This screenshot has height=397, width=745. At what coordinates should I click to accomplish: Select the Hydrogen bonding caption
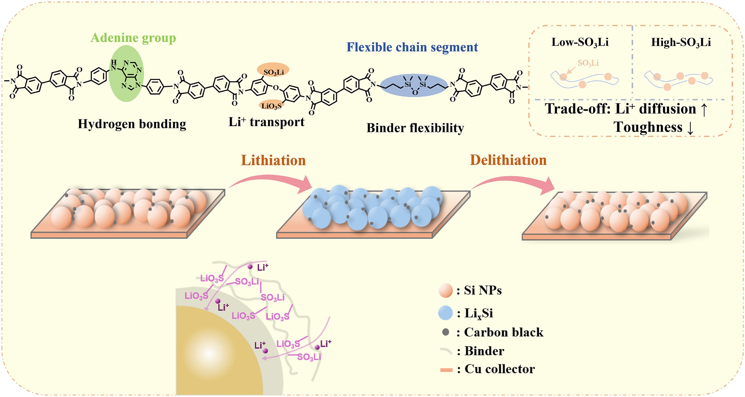click(132, 124)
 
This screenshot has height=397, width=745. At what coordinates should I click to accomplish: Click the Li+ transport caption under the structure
click(266, 122)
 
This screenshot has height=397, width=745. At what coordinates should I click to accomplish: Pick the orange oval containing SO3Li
click(273, 70)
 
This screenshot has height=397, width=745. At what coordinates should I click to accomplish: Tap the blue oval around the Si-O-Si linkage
click(414, 85)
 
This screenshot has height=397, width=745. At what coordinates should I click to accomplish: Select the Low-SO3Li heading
click(580, 42)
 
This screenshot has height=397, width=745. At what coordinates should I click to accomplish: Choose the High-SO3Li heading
click(681, 42)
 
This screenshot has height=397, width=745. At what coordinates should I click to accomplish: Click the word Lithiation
click(273, 160)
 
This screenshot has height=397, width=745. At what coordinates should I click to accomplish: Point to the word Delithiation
click(508, 160)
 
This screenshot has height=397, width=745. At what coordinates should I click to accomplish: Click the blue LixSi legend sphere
click(445, 313)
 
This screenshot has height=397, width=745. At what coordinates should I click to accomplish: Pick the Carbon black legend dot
click(446, 332)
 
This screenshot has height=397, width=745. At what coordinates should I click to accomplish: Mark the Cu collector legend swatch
click(446, 370)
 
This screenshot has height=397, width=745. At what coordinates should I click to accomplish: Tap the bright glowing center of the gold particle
click(209, 354)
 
